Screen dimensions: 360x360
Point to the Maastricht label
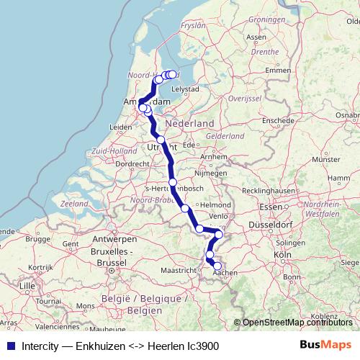click(178, 270)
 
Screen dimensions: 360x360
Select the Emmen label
click(278, 70)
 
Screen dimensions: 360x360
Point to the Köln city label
click(282, 254)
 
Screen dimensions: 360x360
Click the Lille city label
click(28, 286)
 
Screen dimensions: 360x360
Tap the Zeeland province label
click(74, 204)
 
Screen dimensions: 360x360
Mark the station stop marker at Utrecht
click(161, 140)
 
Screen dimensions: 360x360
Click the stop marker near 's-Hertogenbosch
click(173, 182)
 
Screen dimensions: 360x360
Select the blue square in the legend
click(9, 346)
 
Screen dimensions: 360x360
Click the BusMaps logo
click(325, 346)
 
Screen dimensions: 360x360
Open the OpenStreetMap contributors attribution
click(297, 323)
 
